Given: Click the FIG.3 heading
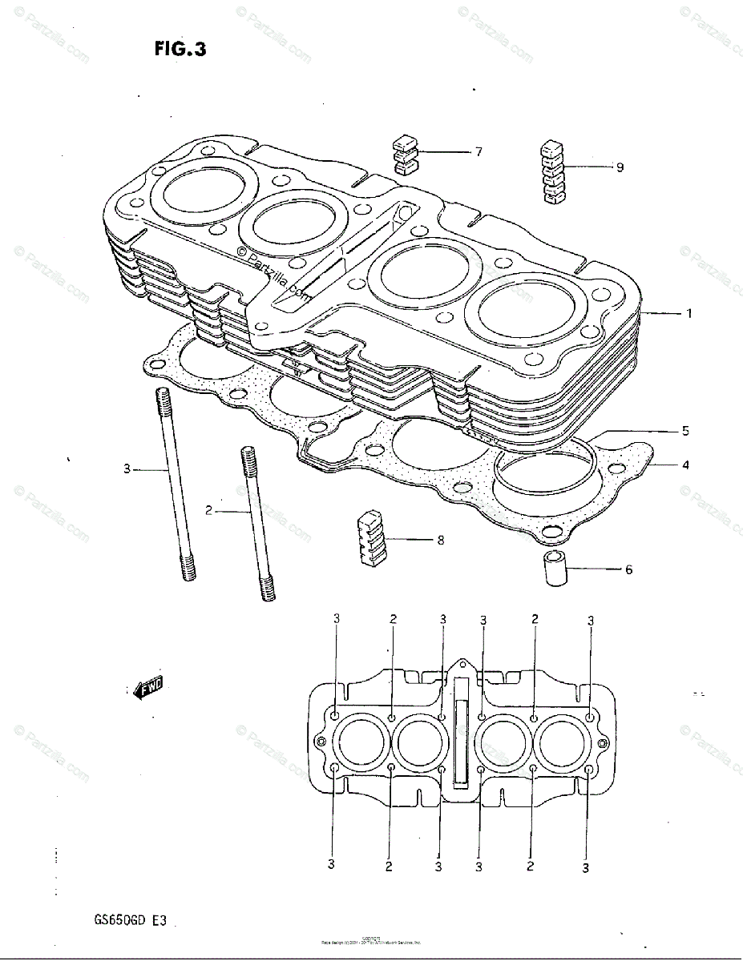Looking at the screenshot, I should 180,50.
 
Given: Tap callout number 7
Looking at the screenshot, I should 479,151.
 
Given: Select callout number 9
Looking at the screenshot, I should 620,167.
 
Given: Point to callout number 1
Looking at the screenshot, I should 688,314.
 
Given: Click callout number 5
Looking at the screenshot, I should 685,431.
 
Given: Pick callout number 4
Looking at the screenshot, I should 685,464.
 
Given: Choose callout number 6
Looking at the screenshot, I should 628,569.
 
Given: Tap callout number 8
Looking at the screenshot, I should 440,540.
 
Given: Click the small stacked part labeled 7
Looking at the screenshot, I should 406,155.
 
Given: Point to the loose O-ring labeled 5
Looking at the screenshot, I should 544,472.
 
